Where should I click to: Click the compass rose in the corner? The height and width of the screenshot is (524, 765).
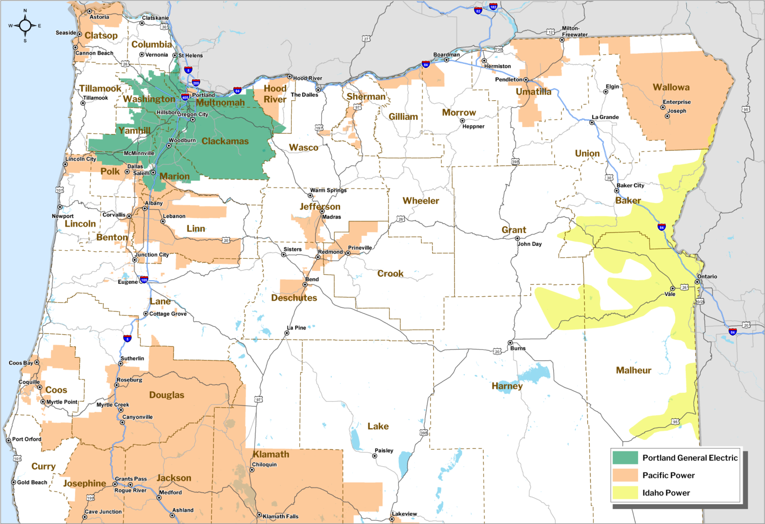[x=25, y=25]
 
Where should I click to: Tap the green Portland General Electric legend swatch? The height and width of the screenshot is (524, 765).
[x=625, y=458]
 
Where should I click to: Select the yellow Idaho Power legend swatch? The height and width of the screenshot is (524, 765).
[x=625, y=493]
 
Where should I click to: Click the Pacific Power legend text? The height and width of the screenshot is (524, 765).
[x=668, y=475]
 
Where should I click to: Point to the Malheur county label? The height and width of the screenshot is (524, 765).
[x=634, y=370]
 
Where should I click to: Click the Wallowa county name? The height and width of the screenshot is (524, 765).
[x=671, y=87]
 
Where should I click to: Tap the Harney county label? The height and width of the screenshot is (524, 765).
[x=507, y=386]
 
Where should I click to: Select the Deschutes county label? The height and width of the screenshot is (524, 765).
[x=294, y=298]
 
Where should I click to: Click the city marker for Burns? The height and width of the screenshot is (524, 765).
[x=510, y=343]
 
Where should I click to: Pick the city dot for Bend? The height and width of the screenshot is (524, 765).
[x=305, y=285]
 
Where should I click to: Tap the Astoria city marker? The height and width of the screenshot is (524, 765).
[x=90, y=11]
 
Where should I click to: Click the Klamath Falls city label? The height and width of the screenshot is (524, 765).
[x=280, y=517]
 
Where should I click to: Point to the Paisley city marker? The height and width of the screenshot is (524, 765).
[x=375, y=456]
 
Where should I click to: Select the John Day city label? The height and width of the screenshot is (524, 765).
[x=529, y=244]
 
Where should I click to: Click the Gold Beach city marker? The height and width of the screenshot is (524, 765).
[x=13, y=482]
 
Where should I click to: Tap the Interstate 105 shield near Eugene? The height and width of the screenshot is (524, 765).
[x=144, y=280]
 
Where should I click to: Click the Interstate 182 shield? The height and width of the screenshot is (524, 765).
[x=493, y=7]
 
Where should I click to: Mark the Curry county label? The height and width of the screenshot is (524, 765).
[x=43, y=466]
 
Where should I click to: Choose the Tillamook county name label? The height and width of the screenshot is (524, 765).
[x=100, y=88]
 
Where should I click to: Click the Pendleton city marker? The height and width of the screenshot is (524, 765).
[x=526, y=80]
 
